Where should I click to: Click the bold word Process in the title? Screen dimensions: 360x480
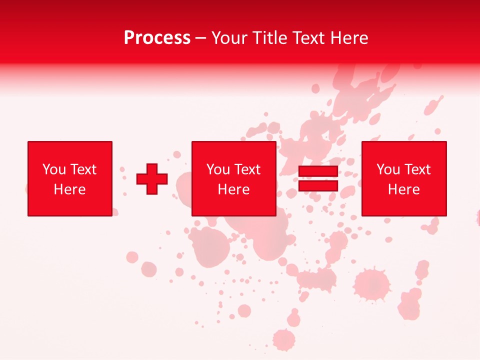(x=157, y=38)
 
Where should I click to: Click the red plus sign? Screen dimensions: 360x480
(x=152, y=178)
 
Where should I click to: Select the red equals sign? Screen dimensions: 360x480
(x=318, y=178)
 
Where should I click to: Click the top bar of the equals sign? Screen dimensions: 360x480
(x=318, y=171)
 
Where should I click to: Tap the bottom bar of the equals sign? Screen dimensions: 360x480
(x=318, y=185)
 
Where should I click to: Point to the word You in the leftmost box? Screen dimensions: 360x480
(x=54, y=169)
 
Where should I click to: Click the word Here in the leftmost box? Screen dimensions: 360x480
(x=70, y=189)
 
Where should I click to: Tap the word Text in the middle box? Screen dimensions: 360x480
(x=247, y=169)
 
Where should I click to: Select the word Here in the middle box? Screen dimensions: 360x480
(x=234, y=189)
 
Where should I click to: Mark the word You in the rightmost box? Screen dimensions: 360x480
(x=388, y=169)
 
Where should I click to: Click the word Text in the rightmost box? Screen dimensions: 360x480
(x=417, y=169)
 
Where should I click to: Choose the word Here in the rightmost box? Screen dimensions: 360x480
(x=404, y=189)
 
